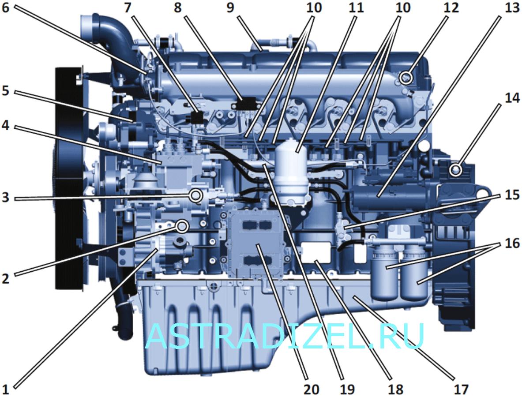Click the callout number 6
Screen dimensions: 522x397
pos(6,7)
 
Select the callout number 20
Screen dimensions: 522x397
pos(311,389)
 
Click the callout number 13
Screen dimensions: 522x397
pos(512,7)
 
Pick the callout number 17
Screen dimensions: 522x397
pos(461,389)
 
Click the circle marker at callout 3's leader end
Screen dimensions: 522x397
pos(195,195)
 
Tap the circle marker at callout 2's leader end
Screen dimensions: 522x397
pos(182,226)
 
